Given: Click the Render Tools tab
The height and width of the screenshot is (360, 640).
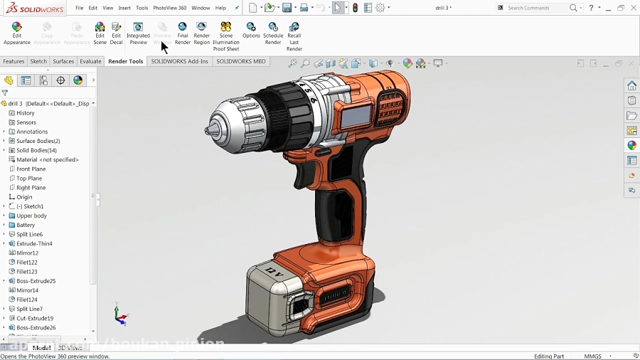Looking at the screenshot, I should click(x=126, y=62).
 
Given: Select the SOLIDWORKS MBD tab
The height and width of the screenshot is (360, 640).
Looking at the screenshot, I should click(x=241, y=62).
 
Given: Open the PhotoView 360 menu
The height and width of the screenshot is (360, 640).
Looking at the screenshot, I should click(x=170, y=8).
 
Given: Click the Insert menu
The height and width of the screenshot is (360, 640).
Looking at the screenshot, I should click(x=124, y=8).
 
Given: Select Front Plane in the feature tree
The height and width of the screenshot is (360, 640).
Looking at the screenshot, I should click(x=31, y=169).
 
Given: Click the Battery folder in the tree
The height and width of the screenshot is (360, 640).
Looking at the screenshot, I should click(x=26, y=225).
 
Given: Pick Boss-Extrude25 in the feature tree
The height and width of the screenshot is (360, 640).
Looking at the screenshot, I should click(x=36, y=281).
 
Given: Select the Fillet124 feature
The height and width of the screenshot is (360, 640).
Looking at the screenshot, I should click(x=27, y=300).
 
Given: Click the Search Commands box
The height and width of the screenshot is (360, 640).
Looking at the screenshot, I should click(x=537, y=8).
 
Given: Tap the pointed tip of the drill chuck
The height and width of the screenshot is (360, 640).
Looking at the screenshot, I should click(x=208, y=130).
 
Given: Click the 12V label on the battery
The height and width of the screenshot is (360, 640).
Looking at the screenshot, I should click(x=273, y=271).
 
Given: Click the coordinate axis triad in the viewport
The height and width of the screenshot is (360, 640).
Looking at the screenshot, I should click(x=120, y=316).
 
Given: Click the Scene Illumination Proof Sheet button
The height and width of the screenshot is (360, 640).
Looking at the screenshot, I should click(x=226, y=37).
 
